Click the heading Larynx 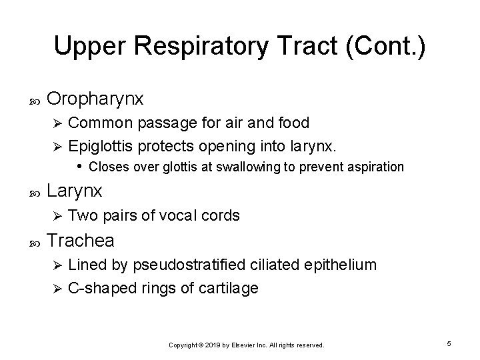click(x=75, y=191)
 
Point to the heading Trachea click(x=81, y=240)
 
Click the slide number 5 click(x=449, y=343)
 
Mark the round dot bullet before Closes click(x=79, y=165)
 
